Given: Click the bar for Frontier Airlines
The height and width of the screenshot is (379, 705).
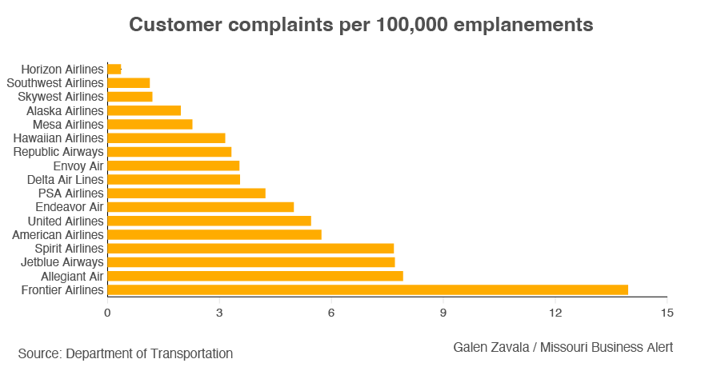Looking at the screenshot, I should (367, 289).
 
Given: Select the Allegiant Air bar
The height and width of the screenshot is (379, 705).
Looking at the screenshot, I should (254, 276).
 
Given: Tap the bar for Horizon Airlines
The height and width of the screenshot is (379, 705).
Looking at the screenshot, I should (114, 69).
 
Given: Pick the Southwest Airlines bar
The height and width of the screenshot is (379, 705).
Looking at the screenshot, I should (129, 82).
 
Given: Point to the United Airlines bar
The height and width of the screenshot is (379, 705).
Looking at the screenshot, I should (209, 221).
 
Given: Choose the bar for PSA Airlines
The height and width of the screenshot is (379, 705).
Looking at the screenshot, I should (186, 193).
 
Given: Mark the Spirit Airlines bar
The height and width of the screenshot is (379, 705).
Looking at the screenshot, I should (250, 248).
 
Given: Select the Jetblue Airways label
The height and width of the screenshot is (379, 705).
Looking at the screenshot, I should (62, 261).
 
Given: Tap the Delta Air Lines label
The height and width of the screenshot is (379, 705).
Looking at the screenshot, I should (65, 179).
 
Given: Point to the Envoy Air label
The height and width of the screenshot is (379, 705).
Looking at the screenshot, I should (78, 166).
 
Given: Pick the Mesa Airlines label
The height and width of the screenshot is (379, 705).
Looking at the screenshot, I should (68, 124).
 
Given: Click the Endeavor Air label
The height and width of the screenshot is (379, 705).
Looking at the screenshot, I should (70, 207).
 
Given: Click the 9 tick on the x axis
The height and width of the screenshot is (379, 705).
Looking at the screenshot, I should (443, 312).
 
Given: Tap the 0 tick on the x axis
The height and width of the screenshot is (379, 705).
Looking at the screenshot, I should (107, 312).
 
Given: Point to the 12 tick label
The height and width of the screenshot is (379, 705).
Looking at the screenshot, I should (555, 312).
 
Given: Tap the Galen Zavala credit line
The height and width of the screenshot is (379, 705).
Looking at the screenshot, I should (563, 347).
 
